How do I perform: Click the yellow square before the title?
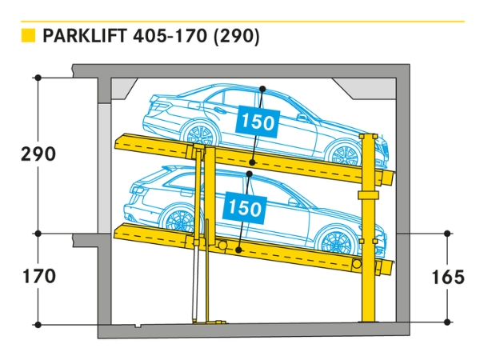pyautogui.click(x=28, y=36)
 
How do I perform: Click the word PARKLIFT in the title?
pyautogui.click(x=85, y=36)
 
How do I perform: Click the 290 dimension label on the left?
pyautogui.click(x=38, y=154)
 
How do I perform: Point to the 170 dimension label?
pyautogui.click(x=38, y=277)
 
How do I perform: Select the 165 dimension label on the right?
pyautogui.click(x=446, y=277)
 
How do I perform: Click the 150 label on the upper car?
pyautogui.click(x=257, y=122)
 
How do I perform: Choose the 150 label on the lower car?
pyautogui.click(x=244, y=208)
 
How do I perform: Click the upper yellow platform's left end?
pyautogui.click(x=122, y=142)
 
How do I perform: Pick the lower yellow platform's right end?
pyautogui.click(x=386, y=265)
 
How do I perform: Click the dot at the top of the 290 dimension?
pyautogui.click(x=38, y=77)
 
